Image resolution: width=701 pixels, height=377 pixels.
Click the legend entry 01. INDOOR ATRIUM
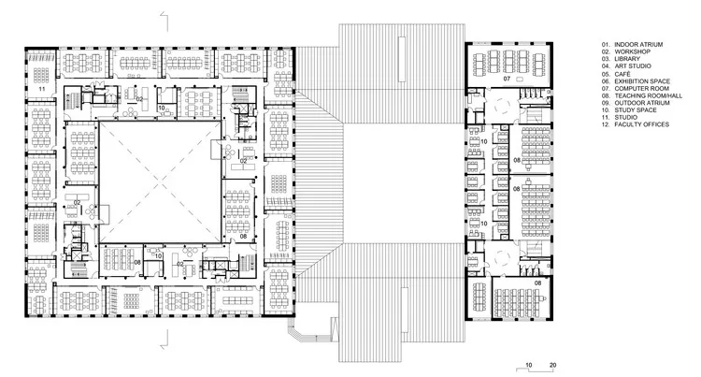click(636, 43)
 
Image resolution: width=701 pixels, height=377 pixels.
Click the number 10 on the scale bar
click(528, 363)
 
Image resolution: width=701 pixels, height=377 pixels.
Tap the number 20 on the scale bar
click(553, 363)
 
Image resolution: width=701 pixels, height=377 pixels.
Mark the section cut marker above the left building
click(165, 16)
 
